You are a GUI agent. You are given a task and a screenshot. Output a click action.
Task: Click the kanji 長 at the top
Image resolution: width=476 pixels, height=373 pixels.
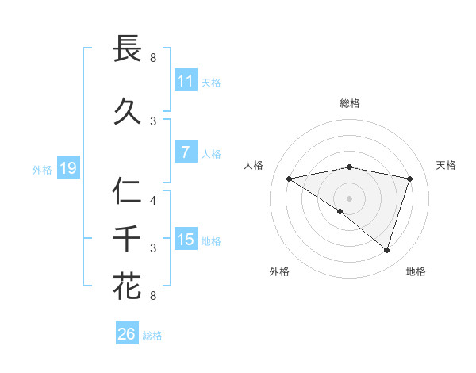point(128,48)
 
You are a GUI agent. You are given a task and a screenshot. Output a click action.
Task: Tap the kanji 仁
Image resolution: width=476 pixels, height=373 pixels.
point(128,191)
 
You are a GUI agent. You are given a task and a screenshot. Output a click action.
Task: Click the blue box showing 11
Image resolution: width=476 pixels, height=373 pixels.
point(186,81)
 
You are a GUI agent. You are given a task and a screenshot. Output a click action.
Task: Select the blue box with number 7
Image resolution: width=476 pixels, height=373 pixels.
point(186,152)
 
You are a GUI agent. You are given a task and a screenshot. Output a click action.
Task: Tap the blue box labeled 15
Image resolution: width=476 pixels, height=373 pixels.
point(186,240)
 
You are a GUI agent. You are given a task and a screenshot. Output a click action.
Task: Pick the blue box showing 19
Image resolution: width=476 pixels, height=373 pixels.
point(68,168)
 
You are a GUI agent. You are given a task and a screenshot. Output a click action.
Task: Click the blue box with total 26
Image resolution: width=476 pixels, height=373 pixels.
point(127,334)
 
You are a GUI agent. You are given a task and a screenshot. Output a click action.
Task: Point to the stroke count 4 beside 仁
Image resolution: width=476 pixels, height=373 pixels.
point(153,200)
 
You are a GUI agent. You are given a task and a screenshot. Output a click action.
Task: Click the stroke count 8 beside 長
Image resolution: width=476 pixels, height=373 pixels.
point(153,57)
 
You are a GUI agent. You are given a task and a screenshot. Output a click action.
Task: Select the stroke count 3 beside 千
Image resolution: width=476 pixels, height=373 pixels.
point(153,248)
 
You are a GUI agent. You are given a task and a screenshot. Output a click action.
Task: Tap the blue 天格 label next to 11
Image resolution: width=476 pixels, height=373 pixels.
point(211,82)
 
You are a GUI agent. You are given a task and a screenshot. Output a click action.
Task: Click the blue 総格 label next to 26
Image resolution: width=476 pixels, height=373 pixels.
point(152,336)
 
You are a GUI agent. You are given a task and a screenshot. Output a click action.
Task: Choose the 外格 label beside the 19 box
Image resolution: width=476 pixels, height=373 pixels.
point(42,169)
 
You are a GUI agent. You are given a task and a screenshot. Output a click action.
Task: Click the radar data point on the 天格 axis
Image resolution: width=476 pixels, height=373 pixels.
point(409,179)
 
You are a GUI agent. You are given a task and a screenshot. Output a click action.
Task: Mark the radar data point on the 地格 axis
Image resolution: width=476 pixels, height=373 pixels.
point(386,250)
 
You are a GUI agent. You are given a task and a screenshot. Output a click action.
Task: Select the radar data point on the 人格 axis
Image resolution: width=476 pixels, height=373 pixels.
point(289,179)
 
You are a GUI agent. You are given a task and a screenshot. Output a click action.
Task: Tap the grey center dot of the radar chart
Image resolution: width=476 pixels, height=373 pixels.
point(349,198)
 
